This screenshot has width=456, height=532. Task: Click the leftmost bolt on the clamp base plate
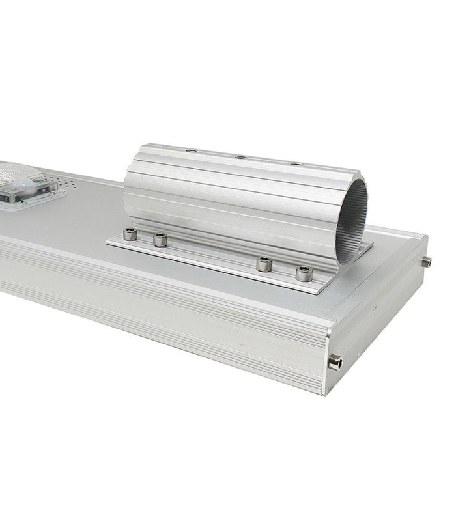pos(130,234)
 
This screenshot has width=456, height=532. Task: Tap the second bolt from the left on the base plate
pos(160,240)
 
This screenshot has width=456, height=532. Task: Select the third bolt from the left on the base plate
pos(264,264)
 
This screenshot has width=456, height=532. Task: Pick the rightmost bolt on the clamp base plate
pos(303,273)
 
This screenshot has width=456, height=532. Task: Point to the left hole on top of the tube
pos(190,151)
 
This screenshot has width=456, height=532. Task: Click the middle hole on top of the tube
pos(241,158)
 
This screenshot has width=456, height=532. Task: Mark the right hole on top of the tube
pos(296,164)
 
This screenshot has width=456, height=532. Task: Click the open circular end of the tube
pos(352,218)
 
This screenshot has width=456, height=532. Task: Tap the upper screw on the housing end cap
pos(427,262)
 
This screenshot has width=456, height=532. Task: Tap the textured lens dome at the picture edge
pos(16,172)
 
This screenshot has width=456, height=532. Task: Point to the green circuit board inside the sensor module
pos(13,195)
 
